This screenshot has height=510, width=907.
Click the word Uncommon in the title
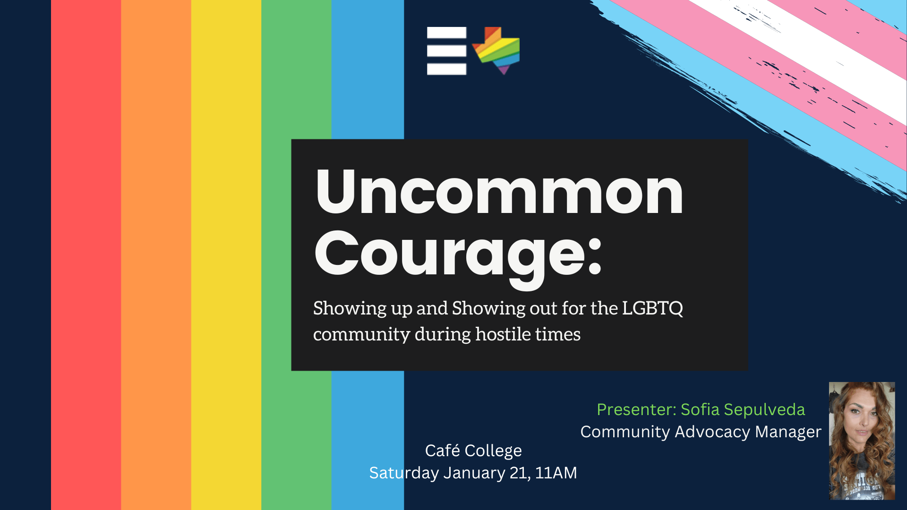coord(499,192)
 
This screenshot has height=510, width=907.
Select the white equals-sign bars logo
coord(446,51)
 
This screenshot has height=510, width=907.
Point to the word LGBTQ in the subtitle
coord(652,308)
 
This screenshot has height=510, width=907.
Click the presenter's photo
coord(862,441)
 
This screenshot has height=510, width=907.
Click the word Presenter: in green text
coord(637,409)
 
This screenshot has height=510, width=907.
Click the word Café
coord(442,450)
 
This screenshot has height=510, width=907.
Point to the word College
coord(493,451)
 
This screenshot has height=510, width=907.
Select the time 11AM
coord(556,473)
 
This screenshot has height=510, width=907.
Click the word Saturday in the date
coord(404,473)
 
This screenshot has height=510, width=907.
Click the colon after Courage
coord(595,255)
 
